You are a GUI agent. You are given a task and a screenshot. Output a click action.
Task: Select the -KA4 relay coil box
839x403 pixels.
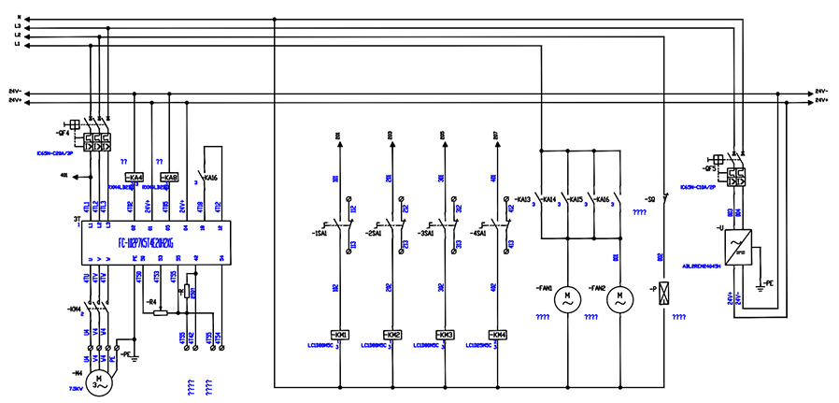[135, 177]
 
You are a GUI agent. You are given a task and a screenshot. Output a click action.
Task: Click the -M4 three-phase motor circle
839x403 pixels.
[99, 381]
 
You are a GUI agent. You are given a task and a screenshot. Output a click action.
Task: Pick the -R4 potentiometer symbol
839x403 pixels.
[161, 313]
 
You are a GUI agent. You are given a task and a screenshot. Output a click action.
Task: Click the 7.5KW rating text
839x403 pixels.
[76, 387]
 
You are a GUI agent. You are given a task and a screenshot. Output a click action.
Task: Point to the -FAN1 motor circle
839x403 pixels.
[566, 300]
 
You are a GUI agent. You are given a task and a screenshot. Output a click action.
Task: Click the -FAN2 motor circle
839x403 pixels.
[618, 300]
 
